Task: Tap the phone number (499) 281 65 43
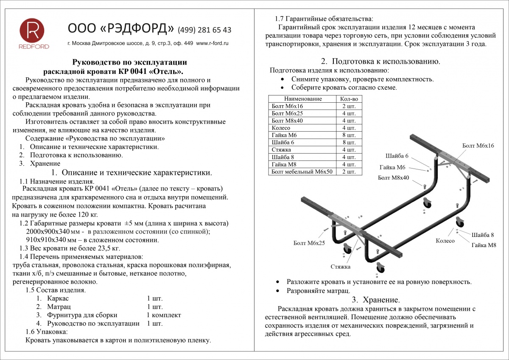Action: pos(204,30)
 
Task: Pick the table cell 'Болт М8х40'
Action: pos(287,121)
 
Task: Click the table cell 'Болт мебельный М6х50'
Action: pos(302,172)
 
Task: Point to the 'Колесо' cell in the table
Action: pos(281,128)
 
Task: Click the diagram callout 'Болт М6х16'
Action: pos(478,146)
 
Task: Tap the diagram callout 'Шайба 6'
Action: pos(397,155)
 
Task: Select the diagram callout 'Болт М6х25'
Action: pos(309,243)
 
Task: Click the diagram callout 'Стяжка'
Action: pos(341,267)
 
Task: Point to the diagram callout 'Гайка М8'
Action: pos(483,245)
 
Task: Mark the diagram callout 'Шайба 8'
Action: pos(483,235)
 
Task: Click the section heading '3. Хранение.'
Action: pos(376,300)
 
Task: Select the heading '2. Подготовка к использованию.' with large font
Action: pos(380,61)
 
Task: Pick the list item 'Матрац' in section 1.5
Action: pos(59,307)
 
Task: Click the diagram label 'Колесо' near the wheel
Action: pos(445,241)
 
